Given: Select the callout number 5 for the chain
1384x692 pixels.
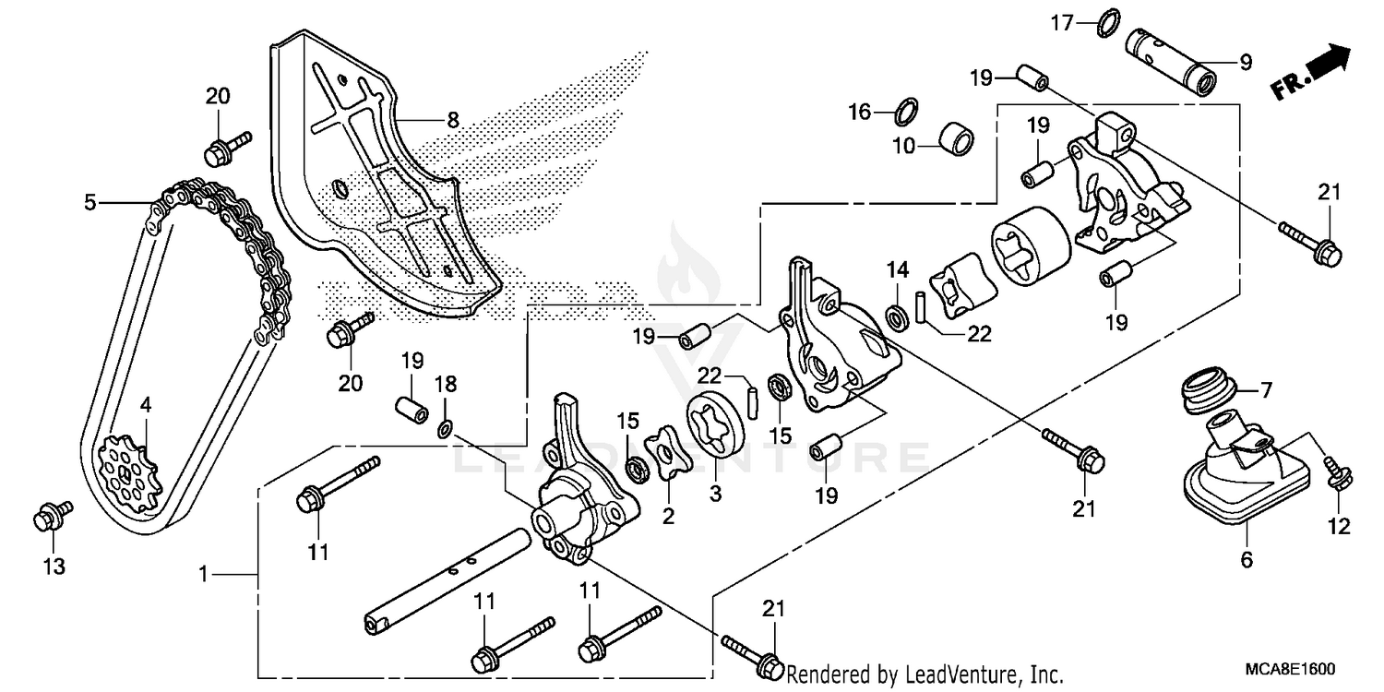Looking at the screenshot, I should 89,201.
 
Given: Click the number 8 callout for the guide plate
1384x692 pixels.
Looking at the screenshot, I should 452,119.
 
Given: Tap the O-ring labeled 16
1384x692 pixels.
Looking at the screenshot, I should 908,113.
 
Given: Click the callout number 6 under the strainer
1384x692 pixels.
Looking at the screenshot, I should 1247,559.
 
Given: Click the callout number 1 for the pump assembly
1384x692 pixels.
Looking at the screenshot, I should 202,574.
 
